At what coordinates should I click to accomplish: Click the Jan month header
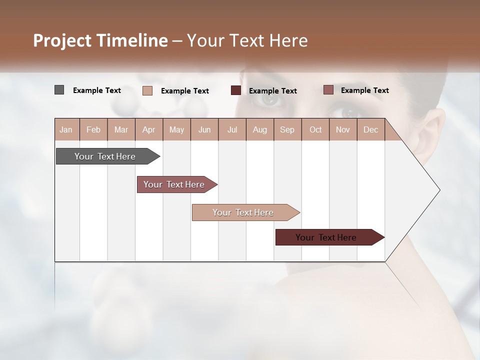click(x=66, y=129)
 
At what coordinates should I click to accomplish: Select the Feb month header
click(x=93, y=129)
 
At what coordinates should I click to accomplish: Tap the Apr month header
click(x=148, y=129)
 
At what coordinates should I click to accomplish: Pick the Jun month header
click(x=204, y=129)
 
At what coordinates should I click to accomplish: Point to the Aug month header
click(x=259, y=129)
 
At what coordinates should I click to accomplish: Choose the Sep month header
click(x=287, y=129)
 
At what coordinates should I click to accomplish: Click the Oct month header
click(x=315, y=129)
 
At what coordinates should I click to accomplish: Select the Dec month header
click(x=370, y=129)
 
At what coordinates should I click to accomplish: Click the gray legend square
click(x=59, y=90)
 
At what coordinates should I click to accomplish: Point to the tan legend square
click(x=147, y=90)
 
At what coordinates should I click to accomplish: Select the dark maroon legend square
click(x=236, y=90)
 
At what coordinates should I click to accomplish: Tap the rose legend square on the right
click(x=328, y=90)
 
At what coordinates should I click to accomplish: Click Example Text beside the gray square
click(x=97, y=90)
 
